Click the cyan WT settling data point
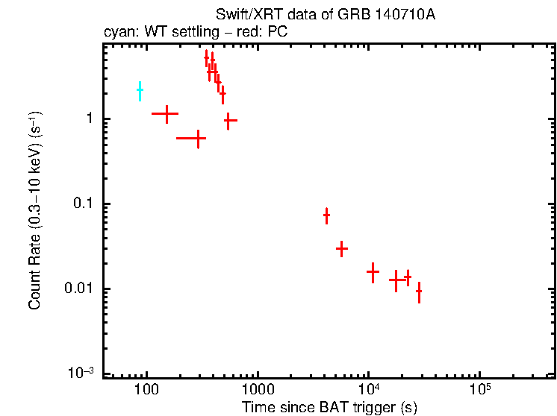140,90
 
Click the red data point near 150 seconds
166,113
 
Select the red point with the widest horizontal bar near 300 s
191,138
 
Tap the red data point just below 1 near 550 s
230,119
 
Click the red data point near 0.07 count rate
326,215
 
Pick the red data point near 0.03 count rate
341,248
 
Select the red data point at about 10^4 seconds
373,272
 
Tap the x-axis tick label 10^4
368,389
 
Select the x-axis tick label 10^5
479,389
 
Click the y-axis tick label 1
88,119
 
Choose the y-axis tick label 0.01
78,289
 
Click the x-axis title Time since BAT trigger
329,407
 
